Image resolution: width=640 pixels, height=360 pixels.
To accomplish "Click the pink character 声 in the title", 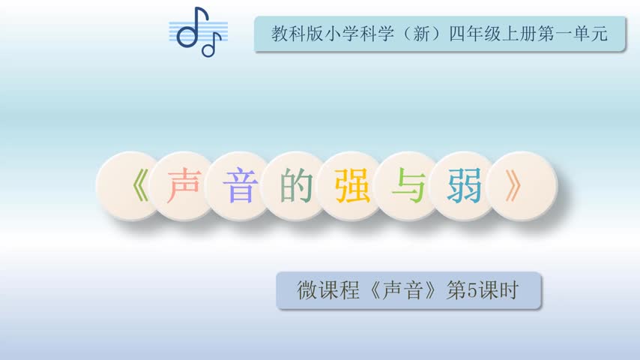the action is pos(184,185).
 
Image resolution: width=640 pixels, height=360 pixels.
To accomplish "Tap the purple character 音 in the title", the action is pos(241,186).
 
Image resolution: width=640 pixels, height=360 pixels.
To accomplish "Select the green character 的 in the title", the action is pos(296,185).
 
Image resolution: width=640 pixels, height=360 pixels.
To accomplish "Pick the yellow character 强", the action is pos(352,186).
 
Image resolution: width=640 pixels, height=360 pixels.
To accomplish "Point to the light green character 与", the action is pos(408,185).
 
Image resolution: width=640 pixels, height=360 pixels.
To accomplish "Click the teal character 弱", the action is pos(465,186).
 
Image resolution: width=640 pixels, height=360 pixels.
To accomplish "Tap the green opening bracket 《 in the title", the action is pos(141,186).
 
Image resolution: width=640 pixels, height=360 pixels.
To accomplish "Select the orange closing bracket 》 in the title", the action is pos(513,185).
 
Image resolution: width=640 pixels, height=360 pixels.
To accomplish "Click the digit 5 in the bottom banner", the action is pos(472,290).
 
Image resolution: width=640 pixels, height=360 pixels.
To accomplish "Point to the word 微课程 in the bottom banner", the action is pos(328,290).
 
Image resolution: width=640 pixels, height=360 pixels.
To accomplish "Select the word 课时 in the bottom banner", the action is pos(498,290).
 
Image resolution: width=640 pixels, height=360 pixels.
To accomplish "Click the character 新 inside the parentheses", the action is pos(422,34).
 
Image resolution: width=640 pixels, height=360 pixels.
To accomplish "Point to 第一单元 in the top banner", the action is pos(573,34).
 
